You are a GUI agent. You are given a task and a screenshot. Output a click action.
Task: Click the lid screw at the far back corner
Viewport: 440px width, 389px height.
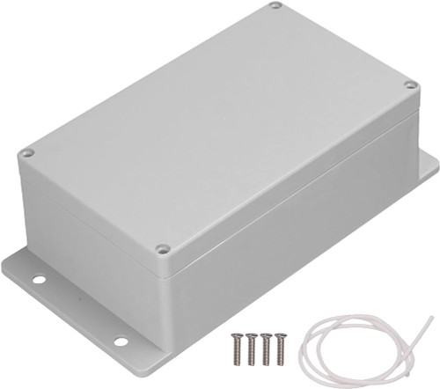tap(275, 6)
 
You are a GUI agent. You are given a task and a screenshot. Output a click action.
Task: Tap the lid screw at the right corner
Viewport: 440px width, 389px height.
tap(409, 85)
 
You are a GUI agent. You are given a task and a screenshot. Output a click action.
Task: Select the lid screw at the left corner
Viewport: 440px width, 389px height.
tap(27, 153)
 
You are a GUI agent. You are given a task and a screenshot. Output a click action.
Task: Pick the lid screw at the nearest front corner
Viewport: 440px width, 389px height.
tap(162, 249)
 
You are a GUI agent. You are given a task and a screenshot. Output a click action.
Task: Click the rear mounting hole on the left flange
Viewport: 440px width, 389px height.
tap(39, 280)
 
